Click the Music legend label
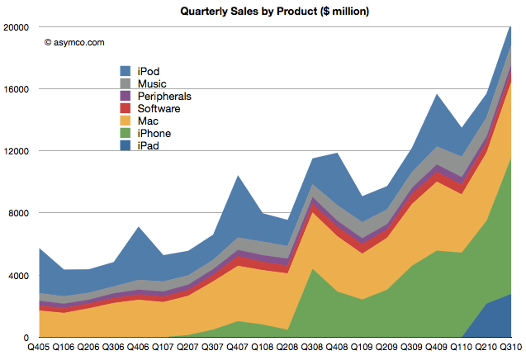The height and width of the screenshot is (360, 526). [x=153, y=84]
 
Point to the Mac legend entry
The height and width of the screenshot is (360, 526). [x=149, y=121]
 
